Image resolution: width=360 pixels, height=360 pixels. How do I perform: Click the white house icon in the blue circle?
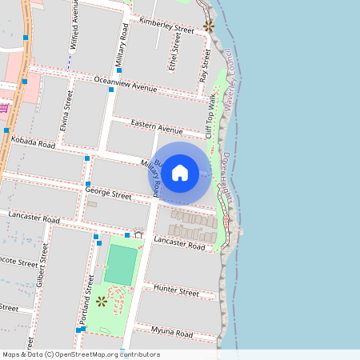point(180,172)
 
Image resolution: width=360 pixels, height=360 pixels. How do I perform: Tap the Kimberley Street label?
point(166,24)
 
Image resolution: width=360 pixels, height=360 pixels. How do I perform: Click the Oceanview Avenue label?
point(125,83)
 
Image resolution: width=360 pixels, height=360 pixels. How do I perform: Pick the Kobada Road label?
point(34,143)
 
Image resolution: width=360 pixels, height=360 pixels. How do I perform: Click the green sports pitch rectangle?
point(121,264)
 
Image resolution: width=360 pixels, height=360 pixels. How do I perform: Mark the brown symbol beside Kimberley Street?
point(209,26)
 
